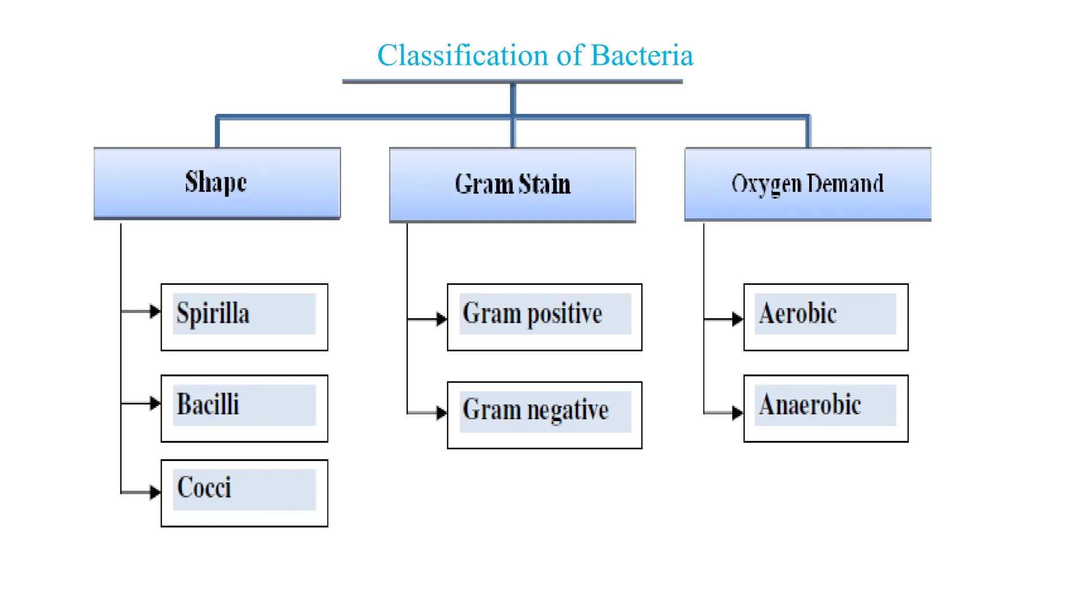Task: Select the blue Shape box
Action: [x=217, y=183]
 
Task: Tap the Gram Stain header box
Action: [x=512, y=184]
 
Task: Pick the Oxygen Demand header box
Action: [x=808, y=184]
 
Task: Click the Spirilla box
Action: [x=244, y=317]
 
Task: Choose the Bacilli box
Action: [x=244, y=408]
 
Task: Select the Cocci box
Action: [x=244, y=493]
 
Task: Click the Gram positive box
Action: [x=544, y=317]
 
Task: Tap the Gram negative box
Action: [x=544, y=415]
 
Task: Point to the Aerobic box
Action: [x=826, y=317]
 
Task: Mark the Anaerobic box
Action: [x=826, y=408]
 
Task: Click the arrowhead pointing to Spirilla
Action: [x=155, y=311]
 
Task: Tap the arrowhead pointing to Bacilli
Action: [x=155, y=403]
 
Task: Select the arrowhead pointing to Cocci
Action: [x=155, y=492]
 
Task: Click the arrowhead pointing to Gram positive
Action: [x=441, y=319]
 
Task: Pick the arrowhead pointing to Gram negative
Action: [x=441, y=413]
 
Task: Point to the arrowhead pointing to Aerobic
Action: [x=737, y=319]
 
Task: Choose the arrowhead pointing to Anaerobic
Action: [x=737, y=413]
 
